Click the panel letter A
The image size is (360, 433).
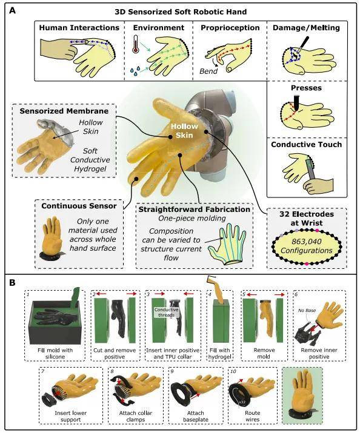tap(13, 11)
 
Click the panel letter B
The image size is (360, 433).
tap(12, 283)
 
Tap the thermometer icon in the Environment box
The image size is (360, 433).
tap(136, 44)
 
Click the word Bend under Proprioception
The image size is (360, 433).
tap(208, 71)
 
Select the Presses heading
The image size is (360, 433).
tap(306, 88)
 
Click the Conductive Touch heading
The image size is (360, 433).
tap(307, 144)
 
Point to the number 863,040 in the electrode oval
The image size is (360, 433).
tap(307, 242)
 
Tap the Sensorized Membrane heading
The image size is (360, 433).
tap(64, 111)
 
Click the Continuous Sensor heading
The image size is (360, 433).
tap(79, 206)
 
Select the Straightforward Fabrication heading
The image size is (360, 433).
tap(194, 210)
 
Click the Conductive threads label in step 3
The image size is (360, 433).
tap(166, 312)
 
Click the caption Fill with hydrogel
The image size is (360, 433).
tap(220, 354)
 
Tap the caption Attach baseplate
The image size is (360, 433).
tap(195, 416)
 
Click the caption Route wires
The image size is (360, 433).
tap(253, 416)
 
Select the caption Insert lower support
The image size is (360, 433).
tap(71, 416)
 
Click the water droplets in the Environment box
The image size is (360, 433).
tap(135, 71)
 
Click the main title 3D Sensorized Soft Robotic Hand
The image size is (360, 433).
tap(181, 12)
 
